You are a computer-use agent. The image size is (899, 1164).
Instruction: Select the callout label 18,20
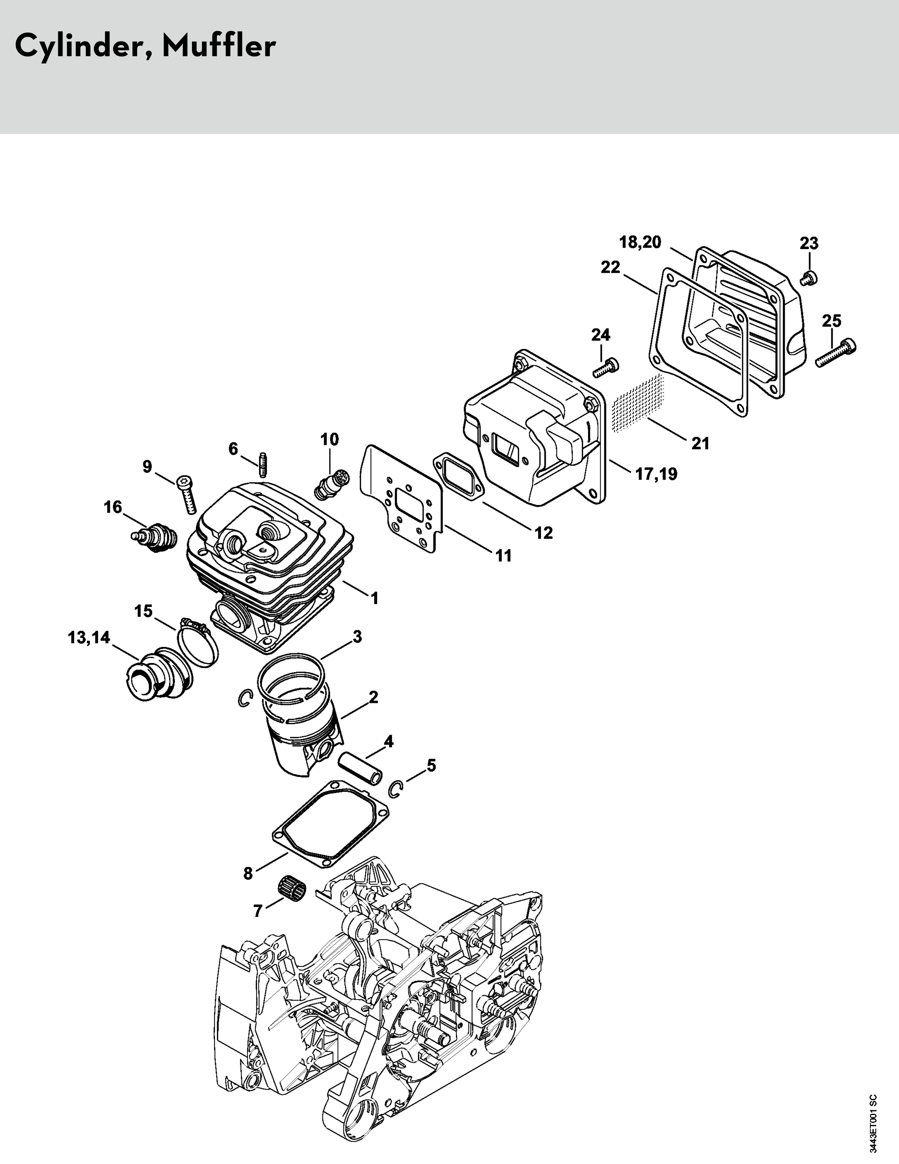640,242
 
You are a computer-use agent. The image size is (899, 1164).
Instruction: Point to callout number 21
700,443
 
